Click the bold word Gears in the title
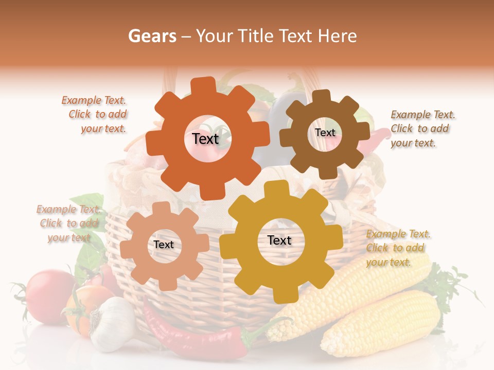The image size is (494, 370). coord(152,36)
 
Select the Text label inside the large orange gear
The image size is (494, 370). coord(205,139)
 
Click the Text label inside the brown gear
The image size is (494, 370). coord(325,133)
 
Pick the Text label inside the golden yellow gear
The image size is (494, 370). coord(279,240)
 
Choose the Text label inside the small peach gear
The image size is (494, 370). coord(164,245)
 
